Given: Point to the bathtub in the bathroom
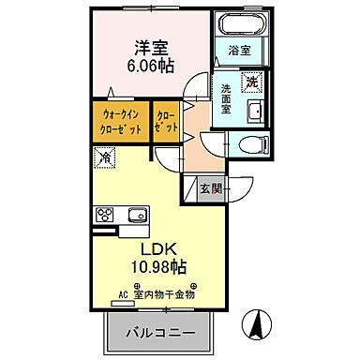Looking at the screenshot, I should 240,24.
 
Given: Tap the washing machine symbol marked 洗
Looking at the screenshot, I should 251,82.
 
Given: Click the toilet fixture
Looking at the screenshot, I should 247,144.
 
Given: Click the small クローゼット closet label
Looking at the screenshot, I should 165,122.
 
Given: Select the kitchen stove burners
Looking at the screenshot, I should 103,217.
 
